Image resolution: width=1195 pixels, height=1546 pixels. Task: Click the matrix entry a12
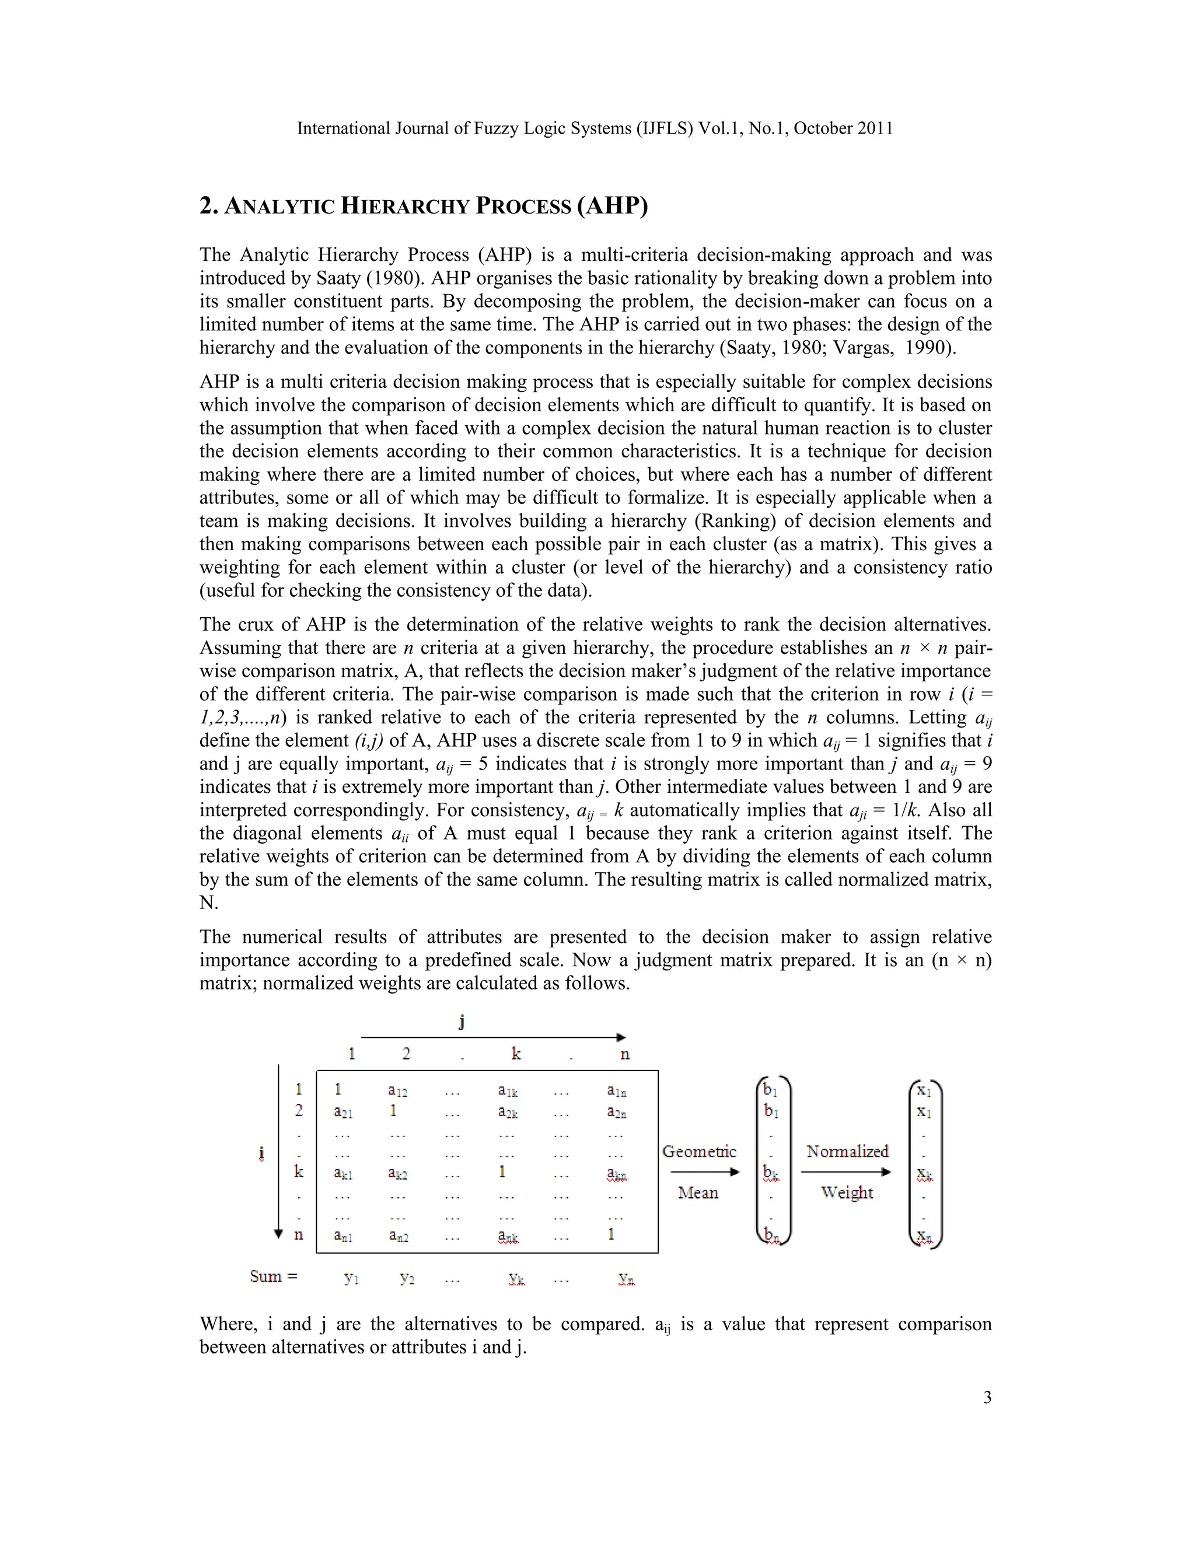click(x=397, y=1091)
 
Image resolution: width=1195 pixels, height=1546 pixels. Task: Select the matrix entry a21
click(x=343, y=1112)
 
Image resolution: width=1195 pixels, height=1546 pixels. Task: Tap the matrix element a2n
click(x=616, y=1112)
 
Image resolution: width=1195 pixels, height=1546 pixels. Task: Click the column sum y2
click(x=406, y=1278)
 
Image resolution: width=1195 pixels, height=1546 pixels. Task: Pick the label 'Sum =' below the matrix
click(x=273, y=1276)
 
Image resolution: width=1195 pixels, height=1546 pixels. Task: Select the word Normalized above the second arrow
click(x=847, y=1152)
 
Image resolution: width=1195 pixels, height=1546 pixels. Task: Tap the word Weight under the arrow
click(x=847, y=1193)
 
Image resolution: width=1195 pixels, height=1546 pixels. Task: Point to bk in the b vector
click(x=771, y=1174)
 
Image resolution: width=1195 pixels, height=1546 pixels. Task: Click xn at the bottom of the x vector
click(x=924, y=1237)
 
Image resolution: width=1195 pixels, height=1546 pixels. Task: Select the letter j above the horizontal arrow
click(x=462, y=1022)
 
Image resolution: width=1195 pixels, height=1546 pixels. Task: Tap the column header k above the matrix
click(x=516, y=1054)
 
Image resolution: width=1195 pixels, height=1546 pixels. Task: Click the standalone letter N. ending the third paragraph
click(x=208, y=903)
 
